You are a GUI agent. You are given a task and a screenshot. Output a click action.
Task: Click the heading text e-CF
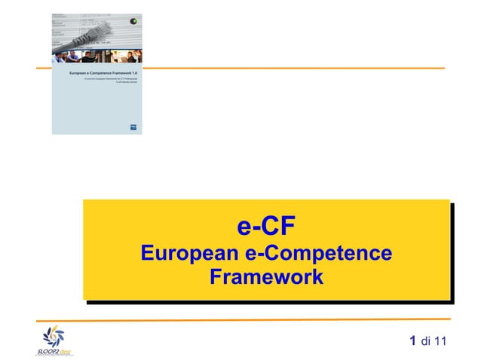click(x=266, y=226)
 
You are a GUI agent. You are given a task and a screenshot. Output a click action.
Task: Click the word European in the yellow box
click(x=189, y=253)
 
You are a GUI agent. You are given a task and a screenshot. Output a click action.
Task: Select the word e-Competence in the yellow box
click(x=320, y=253)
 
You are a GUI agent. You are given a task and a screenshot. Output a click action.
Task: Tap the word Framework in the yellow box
click(x=266, y=277)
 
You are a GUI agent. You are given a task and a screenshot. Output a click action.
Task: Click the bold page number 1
click(x=412, y=342)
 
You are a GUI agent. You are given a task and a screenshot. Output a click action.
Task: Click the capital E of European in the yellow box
click(x=149, y=253)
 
